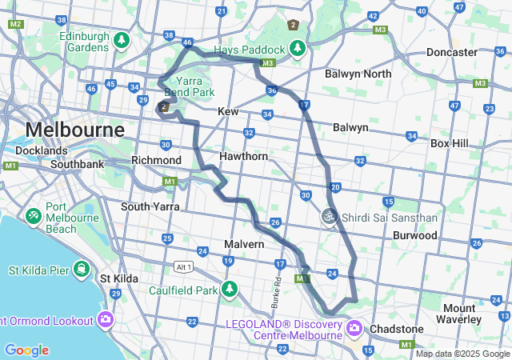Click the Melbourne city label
click(75, 130)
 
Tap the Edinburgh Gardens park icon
click(122, 39)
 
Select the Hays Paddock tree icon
click(298, 49)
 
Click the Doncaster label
click(452, 52)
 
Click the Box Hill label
click(453, 143)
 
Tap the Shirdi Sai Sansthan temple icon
click(329, 216)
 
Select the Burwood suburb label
click(415, 236)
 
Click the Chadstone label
click(396, 329)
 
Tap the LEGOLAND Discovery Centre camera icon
click(353, 326)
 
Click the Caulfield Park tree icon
click(230, 288)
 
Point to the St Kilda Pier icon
click(81, 268)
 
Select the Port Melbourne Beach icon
click(34, 216)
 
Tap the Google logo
click(26, 350)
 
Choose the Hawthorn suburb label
click(244, 156)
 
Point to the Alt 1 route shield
click(185, 266)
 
